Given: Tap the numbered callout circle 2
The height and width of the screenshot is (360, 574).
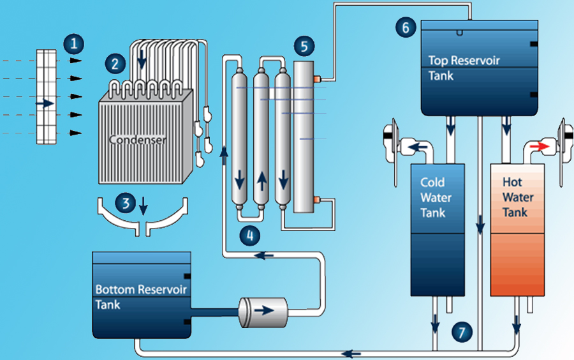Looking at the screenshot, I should coord(115,63).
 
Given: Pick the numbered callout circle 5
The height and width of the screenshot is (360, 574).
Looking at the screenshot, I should coord(304,46).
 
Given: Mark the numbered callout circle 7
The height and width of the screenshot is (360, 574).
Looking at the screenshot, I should coord(464,331).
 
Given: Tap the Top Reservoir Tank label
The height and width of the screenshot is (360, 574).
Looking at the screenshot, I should coord(464,68).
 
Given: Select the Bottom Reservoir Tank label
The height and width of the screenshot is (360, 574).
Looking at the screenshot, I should coord(141,297).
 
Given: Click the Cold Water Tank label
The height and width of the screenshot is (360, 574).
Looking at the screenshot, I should coord(436,197).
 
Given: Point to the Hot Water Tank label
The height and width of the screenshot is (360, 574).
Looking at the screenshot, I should coord(517,197).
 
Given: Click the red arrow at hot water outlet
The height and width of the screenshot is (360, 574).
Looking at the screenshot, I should coord(539,146).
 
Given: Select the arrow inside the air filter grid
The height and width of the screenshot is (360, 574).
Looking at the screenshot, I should coord(45,103).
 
